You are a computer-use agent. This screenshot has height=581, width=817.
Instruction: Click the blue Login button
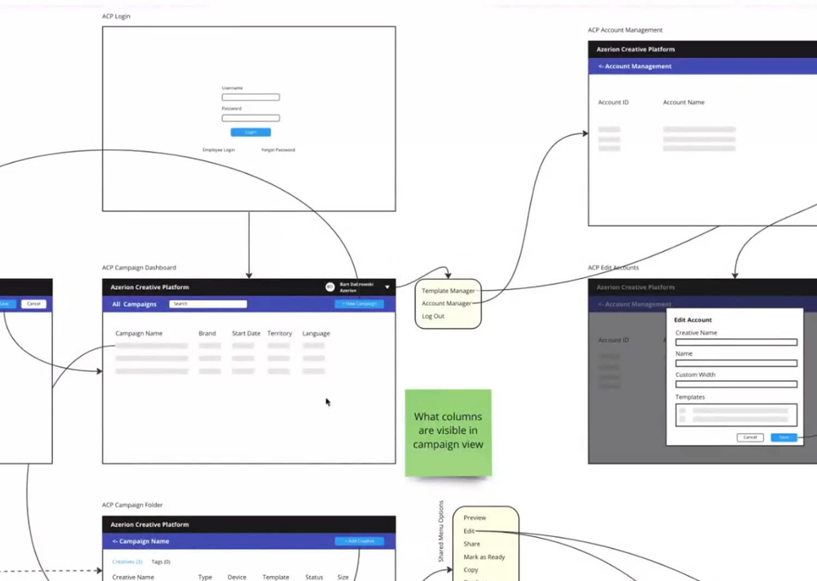pos(251,132)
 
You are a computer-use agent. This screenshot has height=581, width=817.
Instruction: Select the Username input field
pos(251,97)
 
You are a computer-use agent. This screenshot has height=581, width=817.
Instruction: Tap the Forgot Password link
pos(278,150)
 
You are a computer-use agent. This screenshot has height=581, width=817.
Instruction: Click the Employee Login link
pos(218,150)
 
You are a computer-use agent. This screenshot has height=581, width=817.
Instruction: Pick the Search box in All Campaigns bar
pos(208,304)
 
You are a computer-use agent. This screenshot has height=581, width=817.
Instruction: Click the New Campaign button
pos(359,304)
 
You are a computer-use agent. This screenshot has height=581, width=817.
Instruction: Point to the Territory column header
pos(279,333)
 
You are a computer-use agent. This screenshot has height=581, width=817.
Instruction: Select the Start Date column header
pos(246,333)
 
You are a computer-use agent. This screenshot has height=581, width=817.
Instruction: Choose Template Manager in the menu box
pos(448,291)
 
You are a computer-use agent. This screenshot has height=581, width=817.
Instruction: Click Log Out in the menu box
pos(433,316)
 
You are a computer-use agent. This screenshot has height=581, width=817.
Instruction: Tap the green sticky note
pos(448,432)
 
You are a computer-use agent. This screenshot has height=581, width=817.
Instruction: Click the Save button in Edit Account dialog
pos(784,437)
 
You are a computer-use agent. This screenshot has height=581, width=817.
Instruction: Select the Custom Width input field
pos(736,384)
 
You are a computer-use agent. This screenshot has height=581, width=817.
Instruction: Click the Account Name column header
pos(684,102)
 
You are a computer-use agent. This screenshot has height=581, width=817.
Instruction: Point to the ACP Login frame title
pos(116,16)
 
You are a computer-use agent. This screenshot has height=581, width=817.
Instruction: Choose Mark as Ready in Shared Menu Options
pos(484,557)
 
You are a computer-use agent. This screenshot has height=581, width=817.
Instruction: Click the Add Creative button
pos(359,541)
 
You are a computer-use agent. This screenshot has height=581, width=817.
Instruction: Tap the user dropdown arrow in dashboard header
pos(387,287)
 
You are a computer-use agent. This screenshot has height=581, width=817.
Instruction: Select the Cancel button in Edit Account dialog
pos(750,437)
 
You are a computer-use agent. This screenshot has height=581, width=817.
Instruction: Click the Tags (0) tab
pos(161,562)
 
